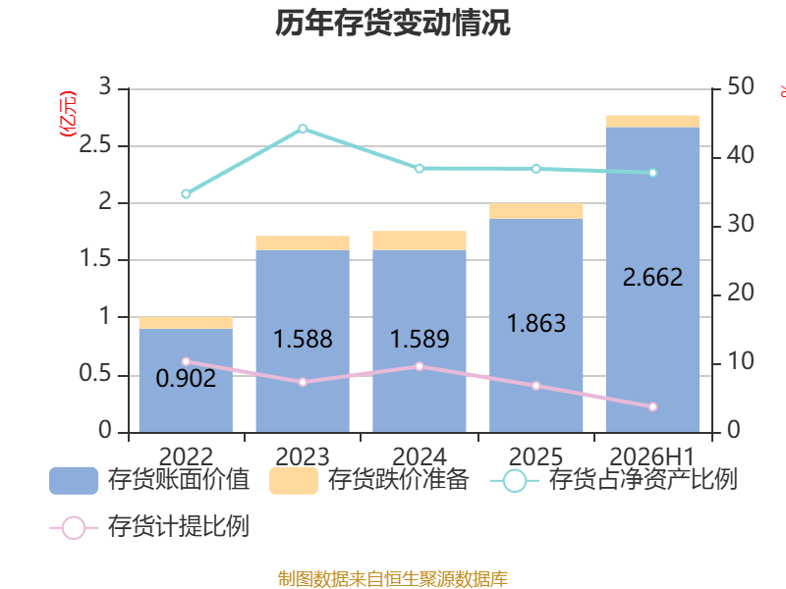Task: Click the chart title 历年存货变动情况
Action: pyautogui.click(x=392, y=23)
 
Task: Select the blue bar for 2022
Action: pyautogui.click(x=186, y=380)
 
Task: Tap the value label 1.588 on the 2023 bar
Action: pyautogui.click(x=303, y=339)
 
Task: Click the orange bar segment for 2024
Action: pyautogui.click(x=420, y=241)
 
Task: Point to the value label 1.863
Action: pyautogui.click(x=536, y=323)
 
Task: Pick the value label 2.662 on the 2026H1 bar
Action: pyautogui.click(x=652, y=277)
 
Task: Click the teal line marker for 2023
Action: pyautogui.click(x=303, y=129)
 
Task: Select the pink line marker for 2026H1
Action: pyautogui.click(x=652, y=406)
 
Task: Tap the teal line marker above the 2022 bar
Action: pyautogui.click(x=186, y=193)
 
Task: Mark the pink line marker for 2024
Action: pyautogui.click(x=420, y=366)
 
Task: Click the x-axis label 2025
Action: pyautogui.click(x=535, y=456)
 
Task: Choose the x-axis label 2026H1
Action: pyautogui.click(x=652, y=456)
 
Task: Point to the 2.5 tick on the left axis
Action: pyautogui.click(x=95, y=144)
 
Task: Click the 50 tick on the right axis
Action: pyautogui.click(x=741, y=86)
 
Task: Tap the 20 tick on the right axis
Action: pyautogui.click(x=741, y=293)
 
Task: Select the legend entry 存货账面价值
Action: pyautogui.click(x=149, y=480)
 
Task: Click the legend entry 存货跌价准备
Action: pyautogui.click(x=369, y=480)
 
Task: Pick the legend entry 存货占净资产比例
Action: pyautogui.click(x=613, y=480)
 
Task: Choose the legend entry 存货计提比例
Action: pyautogui.click(x=149, y=527)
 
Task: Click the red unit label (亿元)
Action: pyautogui.click(x=68, y=114)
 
